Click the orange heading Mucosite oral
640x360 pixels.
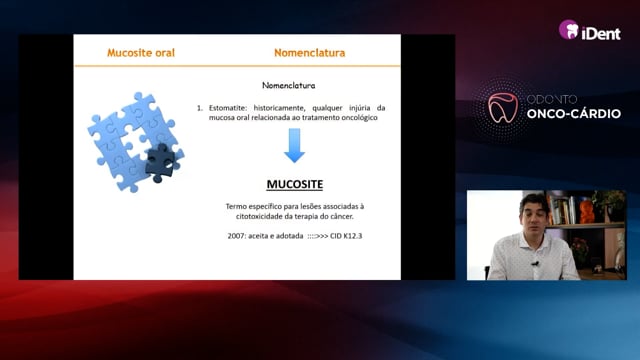pyautogui.click(x=141, y=53)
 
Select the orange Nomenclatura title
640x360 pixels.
pyautogui.click(x=309, y=53)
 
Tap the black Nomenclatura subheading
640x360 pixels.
pyautogui.click(x=289, y=85)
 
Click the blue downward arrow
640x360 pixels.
pyautogui.click(x=294, y=146)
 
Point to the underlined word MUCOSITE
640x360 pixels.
pyautogui.click(x=295, y=184)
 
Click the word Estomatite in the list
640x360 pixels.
pyautogui.click(x=228, y=108)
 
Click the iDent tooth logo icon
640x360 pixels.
pyautogui.click(x=569, y=30)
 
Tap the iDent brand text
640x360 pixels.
pyautogui.click(x=601, y=33)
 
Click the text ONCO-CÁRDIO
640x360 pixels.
pyautogui.click(x=573, y=113)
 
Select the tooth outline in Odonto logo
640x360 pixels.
pyautogui.click(x=503, y=108)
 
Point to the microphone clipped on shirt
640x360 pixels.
pyautogui.click(x=536, y=264)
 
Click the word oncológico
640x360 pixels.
pyautogui.click(x=360, y=118)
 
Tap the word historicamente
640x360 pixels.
pyautogui.click(x=279, y=108)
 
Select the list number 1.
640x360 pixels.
pyautogui.click(x=199, y=108)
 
